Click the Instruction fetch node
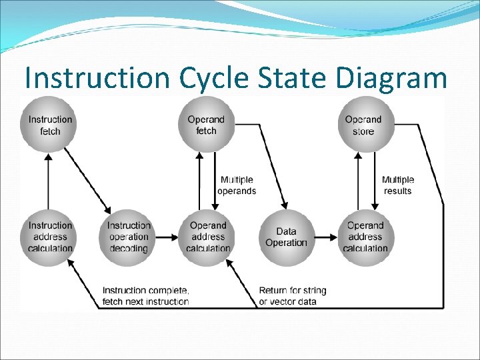click(49, 125)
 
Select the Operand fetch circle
click(206, 125)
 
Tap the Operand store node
click(363, 125)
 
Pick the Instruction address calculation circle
click(49, 237)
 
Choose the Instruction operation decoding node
click(128, 237)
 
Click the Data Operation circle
click(286, 237)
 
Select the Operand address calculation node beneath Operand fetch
click(207, 237)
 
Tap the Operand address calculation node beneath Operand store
click(365, 237)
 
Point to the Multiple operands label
click(237, 185)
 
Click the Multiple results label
click(398, 185)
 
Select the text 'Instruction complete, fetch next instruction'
click(145, 296)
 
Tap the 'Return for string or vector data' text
click(293, 296)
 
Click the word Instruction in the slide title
click(99, 78)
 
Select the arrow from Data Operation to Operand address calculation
click(327, 237)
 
